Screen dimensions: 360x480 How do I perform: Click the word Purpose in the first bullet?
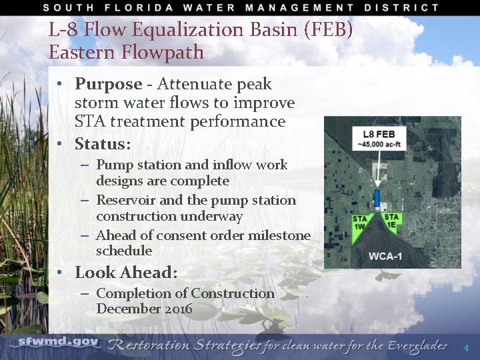(x=108, y=85)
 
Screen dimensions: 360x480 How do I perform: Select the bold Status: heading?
(x=103, y=144)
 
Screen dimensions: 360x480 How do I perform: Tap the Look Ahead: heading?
(x=126, y=273)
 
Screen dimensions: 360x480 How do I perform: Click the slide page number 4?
(x=466, y=348)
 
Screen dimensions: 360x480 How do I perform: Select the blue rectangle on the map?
(x=377, y=198)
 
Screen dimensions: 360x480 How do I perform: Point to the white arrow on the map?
(x=378, y=169)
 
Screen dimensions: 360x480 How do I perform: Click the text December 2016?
(x=144, y=309)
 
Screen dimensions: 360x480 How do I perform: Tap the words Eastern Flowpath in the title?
(x=126, y=53)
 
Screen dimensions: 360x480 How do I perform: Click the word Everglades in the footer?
(x=413, y=345)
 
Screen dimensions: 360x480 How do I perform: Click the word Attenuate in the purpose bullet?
(x=191, y=85)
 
